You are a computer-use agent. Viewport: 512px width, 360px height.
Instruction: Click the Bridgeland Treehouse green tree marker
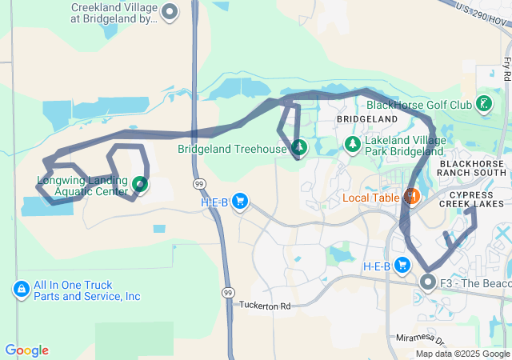coord(299,147)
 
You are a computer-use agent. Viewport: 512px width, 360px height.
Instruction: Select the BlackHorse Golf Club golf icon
coord(483,103)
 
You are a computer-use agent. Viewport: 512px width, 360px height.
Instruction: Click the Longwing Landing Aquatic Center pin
coord(140,185)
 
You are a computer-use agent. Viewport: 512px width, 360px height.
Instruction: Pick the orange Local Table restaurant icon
coord(411,196)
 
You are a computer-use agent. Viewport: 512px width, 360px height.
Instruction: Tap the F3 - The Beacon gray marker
coord(429,282)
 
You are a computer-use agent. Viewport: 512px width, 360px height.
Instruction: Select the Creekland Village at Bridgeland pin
coord(170,12)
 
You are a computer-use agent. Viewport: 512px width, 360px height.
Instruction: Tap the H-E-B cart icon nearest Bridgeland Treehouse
coord(239,202)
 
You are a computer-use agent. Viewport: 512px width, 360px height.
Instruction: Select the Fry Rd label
coord(506,68)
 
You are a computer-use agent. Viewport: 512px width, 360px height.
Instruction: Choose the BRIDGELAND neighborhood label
coord(366,118)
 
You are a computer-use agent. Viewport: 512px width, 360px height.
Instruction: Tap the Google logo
coord(26,350)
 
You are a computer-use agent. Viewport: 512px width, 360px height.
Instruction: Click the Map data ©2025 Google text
coord(462,354)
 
